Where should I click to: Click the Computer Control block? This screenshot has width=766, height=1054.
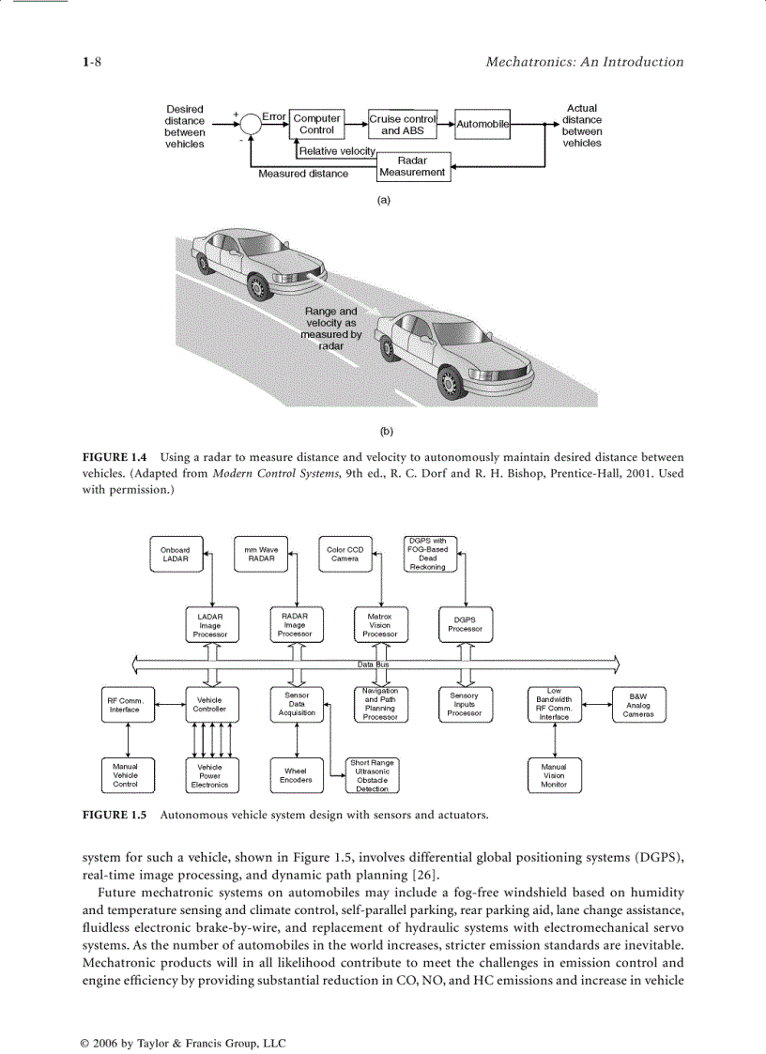(x=316, y=125)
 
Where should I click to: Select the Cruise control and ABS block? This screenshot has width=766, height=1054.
(x=403, y=125)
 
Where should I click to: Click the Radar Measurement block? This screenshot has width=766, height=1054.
(x=412, y=167)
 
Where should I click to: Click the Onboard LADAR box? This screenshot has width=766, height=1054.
(x=175, y=555)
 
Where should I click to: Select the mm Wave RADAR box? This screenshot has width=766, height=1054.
(x=261, y=555)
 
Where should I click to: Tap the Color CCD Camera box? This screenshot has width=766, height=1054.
(x=345, y=555)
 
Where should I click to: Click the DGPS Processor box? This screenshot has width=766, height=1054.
(x=466, y=624)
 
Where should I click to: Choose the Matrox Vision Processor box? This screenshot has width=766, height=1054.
(x=379, y=624)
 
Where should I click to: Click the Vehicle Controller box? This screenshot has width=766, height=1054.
(x=209, y=705)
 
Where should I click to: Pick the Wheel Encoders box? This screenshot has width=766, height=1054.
(x=297, y=775)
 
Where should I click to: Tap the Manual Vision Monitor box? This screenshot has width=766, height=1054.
(x=554, y=775)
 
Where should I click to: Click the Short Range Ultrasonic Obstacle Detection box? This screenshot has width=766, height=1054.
(x=372, y=775)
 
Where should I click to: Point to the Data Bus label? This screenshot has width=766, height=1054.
(x=373, y=664)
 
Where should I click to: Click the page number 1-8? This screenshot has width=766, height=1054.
(x=92, y=62)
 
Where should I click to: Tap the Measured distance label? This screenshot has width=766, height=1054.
(x=303, y=174)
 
